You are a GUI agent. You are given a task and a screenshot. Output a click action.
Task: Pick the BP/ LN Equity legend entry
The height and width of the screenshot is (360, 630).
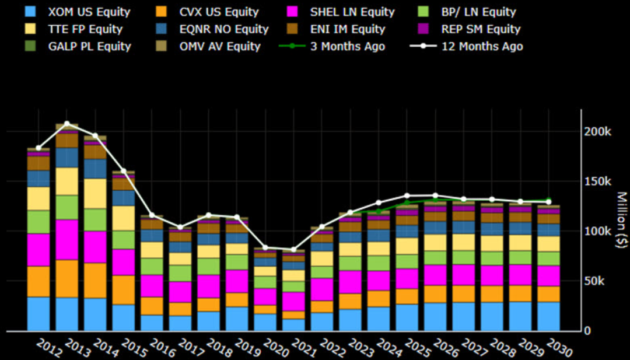click(478, 12)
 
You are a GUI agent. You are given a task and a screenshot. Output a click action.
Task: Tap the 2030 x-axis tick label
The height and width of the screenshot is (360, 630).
click(559, 349)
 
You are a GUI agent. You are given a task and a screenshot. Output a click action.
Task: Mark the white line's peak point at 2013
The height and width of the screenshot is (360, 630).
click(67, 124)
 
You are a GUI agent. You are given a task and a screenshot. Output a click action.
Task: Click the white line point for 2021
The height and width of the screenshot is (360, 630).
click(293, 250)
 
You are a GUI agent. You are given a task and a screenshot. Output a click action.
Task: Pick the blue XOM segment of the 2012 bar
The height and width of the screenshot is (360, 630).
click(38, 314)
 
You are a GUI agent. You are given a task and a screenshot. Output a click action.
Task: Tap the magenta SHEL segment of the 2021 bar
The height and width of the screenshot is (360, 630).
click(293, 301)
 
